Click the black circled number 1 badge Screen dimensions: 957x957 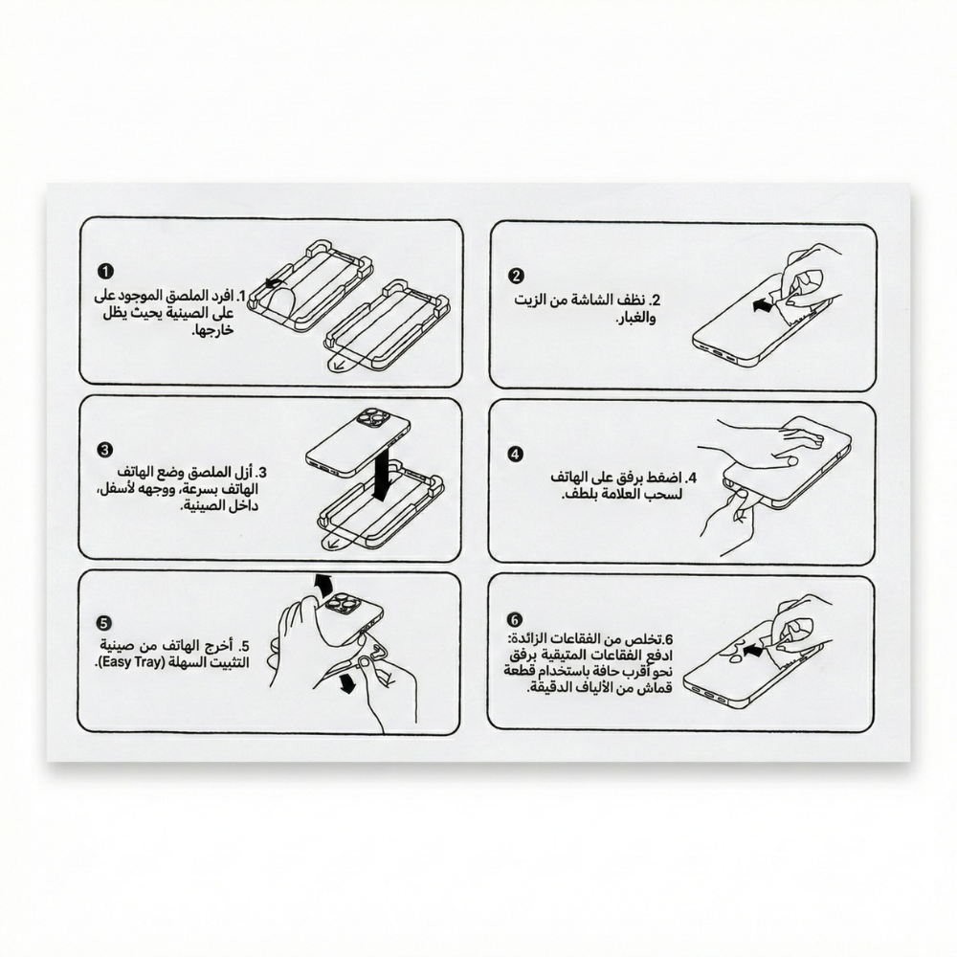[105, 271]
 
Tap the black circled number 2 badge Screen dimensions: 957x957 [516, 276]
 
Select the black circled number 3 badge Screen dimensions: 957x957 [105, 450]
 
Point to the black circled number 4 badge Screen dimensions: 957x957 [516, 454]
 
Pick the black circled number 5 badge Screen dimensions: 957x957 [104, 623]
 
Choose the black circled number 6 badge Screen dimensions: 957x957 [515, 620]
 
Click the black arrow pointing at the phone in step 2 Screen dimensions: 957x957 [762, 305]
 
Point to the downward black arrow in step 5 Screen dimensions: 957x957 [347, 683]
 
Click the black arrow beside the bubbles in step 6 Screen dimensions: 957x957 [754, 651]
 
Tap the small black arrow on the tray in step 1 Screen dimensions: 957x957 [274, 282]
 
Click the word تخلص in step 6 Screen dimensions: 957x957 [648, 639]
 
